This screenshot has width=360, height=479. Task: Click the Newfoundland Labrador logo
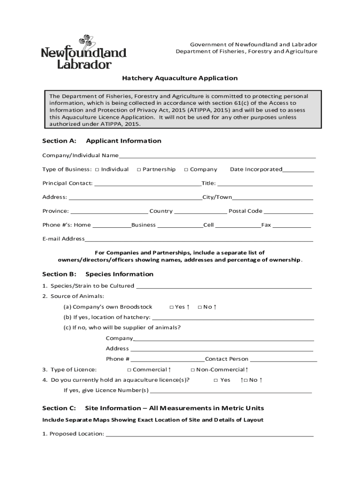click(84, 52)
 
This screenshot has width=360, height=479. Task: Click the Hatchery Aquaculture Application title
click(180, 78)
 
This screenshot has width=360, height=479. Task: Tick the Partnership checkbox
click(139, 169)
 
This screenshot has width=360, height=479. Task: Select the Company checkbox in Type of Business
click(186, 169)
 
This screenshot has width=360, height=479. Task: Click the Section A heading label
click(59, 141)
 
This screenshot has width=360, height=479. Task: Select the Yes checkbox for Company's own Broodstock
click(171, 307)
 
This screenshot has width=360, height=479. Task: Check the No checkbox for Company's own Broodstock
click(200, 307)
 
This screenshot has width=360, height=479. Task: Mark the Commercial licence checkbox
click(129, 370)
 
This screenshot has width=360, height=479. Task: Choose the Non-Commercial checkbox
click(192, 370)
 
